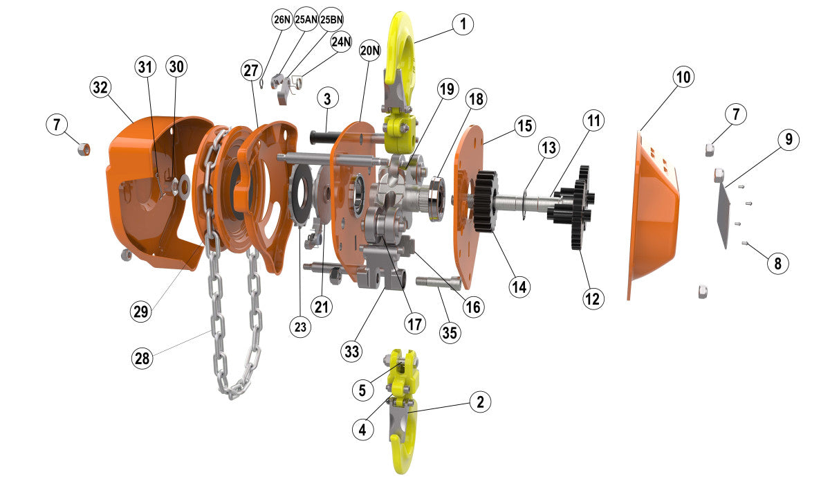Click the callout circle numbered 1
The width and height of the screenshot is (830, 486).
coord(463,25)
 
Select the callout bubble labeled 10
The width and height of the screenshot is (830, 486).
coord(683,78)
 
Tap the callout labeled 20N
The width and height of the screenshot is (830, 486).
coord(370,51)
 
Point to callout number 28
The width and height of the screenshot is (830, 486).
coord(142,358)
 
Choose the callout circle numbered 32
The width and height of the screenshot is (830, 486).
coord(101,87)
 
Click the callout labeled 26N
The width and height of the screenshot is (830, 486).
coord(282,20)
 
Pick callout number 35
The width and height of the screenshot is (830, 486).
coord(450,332)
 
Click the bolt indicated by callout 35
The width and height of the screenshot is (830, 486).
coord(438,282)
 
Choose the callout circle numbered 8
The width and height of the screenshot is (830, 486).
coord(777,263)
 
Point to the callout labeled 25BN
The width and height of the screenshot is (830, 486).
coord(331,20)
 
